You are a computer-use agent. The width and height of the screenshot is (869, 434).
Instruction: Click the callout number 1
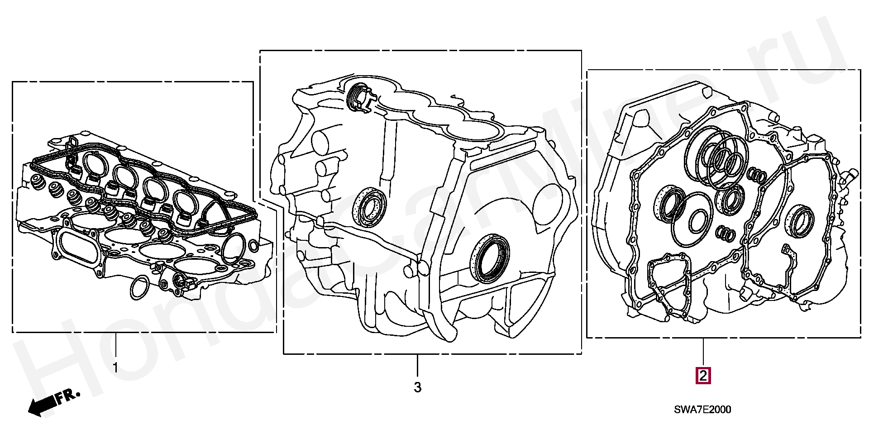[115, 367]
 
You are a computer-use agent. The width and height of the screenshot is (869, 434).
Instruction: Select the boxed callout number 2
[703, 376]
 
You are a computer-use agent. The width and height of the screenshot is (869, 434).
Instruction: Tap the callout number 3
[417, 387]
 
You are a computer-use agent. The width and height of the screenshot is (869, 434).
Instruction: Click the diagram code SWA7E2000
[702, 410]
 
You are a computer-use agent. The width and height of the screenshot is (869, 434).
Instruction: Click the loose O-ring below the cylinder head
[139, 287]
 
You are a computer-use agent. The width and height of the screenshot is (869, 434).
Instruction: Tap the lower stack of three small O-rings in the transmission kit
[726, 233]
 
